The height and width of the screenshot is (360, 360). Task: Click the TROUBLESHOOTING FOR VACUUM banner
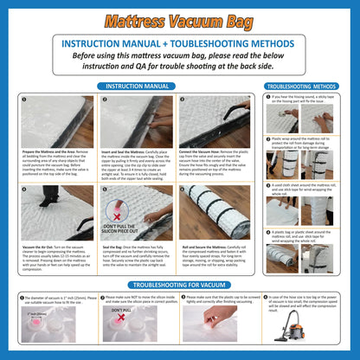[x=179, y=285]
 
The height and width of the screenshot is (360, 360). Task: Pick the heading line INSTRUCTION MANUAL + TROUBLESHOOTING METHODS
[x=180, y=42]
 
